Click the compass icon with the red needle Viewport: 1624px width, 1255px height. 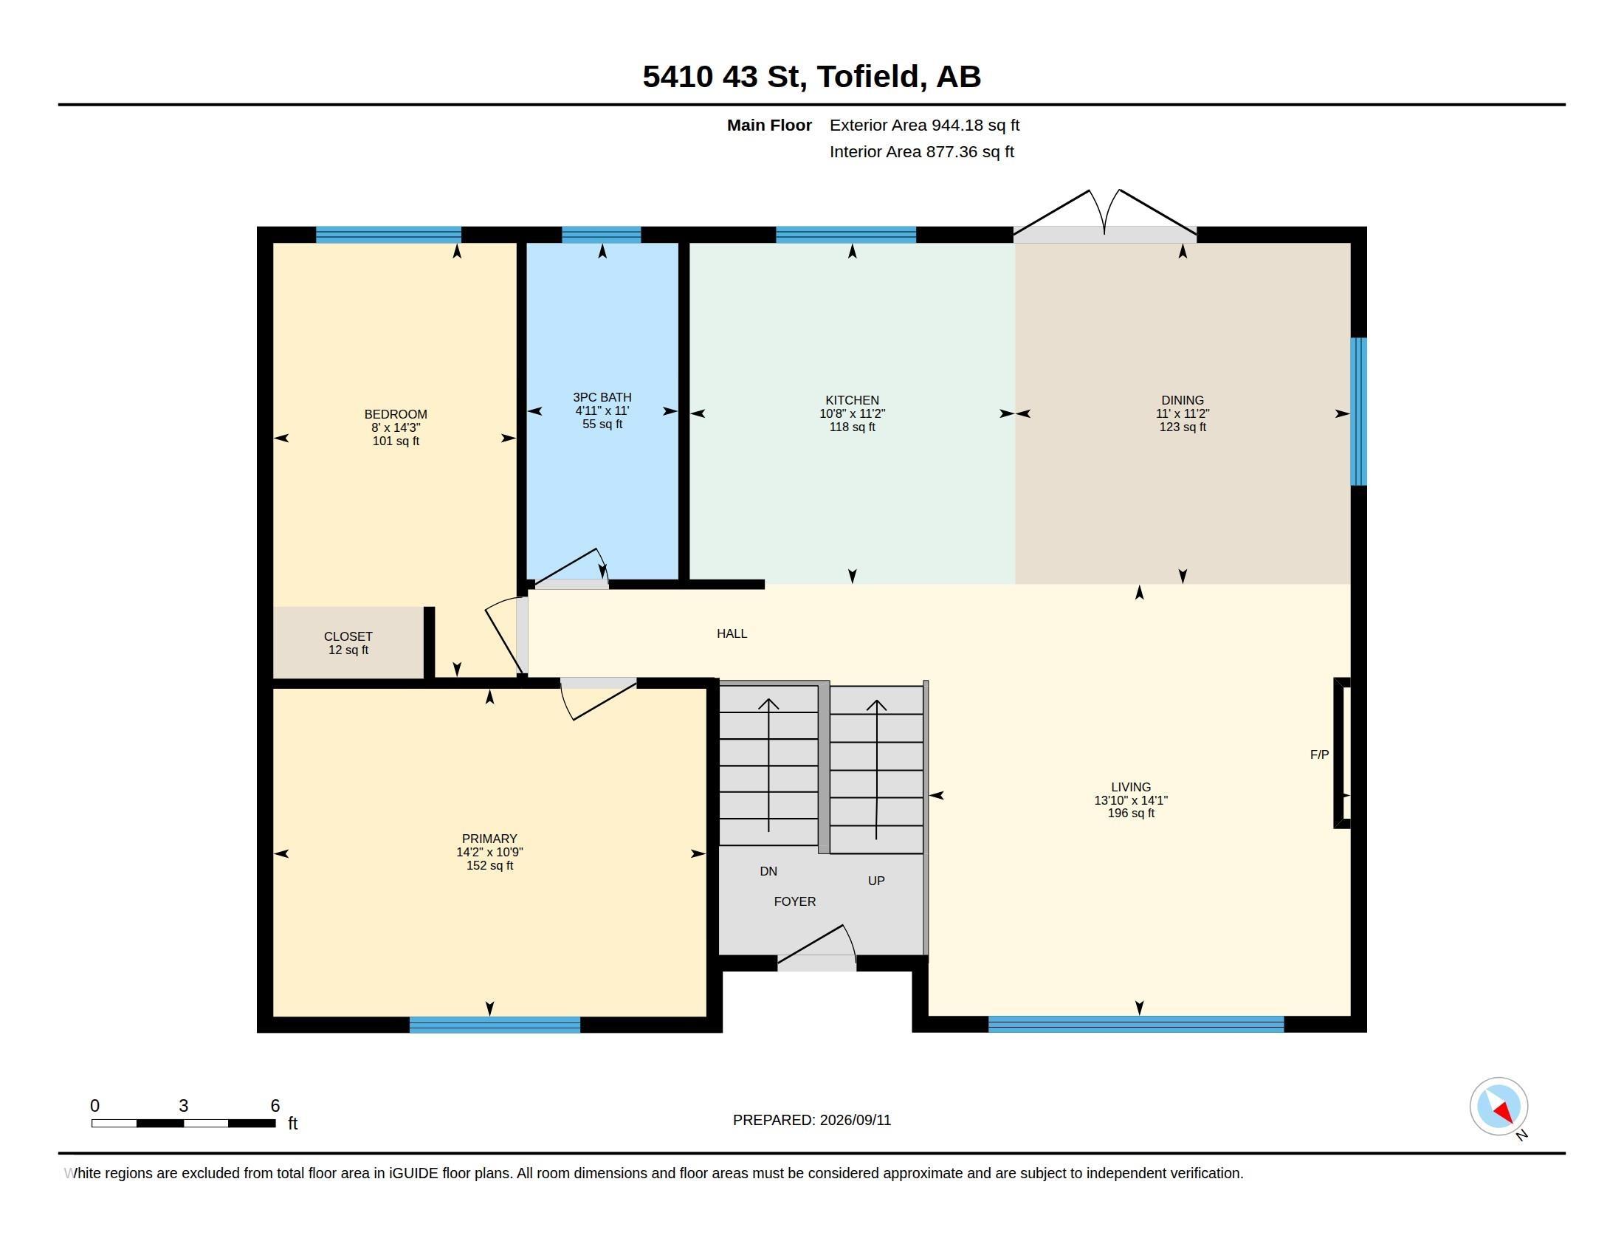(x=1499, y=1107)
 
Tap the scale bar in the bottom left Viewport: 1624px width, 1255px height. (x=184, y=1123)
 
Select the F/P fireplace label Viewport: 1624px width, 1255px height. (x=1319, y=754)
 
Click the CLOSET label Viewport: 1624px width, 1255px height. (x=348, y=636)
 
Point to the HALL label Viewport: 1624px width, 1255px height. (x=732, y=633)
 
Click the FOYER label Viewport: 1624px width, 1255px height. (x=795, y=901)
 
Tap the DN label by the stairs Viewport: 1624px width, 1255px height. (x=768, y=871)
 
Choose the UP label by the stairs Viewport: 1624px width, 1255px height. (x=876, y=881)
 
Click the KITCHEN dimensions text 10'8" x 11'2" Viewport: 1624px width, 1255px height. (x=852, y=413)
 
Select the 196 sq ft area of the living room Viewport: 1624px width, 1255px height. (x=1131, y=814)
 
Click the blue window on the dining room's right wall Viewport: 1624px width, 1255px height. (x=1358, y=412)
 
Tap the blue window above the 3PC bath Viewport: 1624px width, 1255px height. (x=601, y=235)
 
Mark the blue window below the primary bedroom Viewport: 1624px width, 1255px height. (x=495, y=1025)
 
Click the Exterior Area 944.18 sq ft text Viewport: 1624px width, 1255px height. (x=924, y=125)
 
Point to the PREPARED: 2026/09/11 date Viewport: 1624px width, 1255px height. (x=812, y=1121)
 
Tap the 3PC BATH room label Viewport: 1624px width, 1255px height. (x=602, y=398)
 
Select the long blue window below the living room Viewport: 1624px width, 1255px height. (x=1135, y=1025)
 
